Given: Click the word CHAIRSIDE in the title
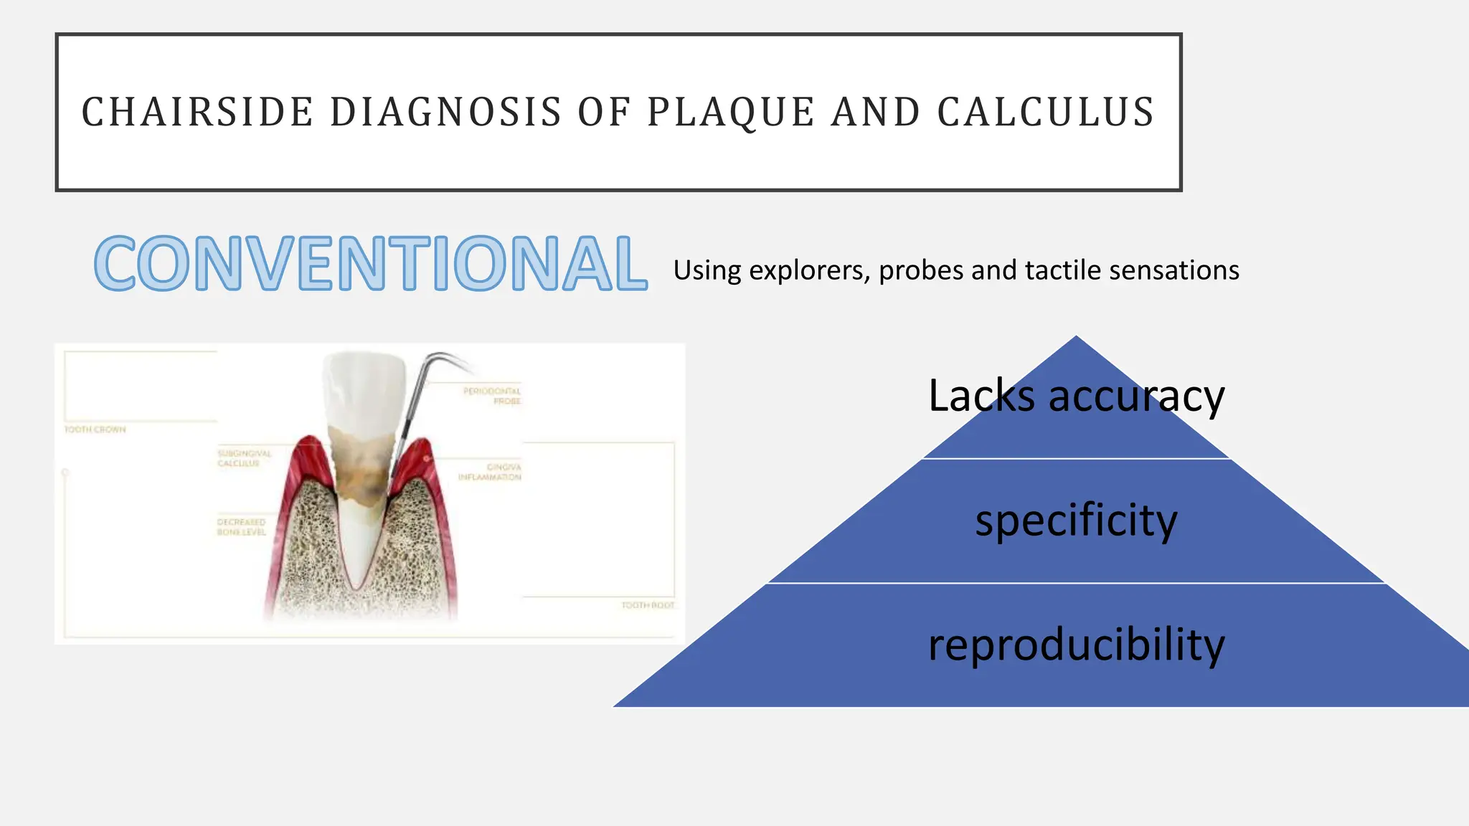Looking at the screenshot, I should point(197,113).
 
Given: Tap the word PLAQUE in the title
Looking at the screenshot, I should point(730,113).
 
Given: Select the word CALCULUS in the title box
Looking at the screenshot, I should point(1045,113).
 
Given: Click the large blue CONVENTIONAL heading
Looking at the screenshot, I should point(370,264).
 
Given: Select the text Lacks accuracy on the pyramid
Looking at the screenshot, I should point(1076,396).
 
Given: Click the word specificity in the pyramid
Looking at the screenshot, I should point(1076,521).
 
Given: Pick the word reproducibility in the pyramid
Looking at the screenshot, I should point(1076,645).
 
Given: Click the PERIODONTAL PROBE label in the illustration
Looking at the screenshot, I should point(493,396).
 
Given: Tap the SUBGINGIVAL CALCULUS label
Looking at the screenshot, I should point(244,458).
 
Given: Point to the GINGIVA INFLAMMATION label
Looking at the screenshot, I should point(491,472).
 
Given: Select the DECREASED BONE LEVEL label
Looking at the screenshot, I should point(241,527).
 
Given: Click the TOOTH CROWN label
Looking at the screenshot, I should point(95,429).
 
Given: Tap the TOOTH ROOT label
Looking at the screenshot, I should point(648,605).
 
